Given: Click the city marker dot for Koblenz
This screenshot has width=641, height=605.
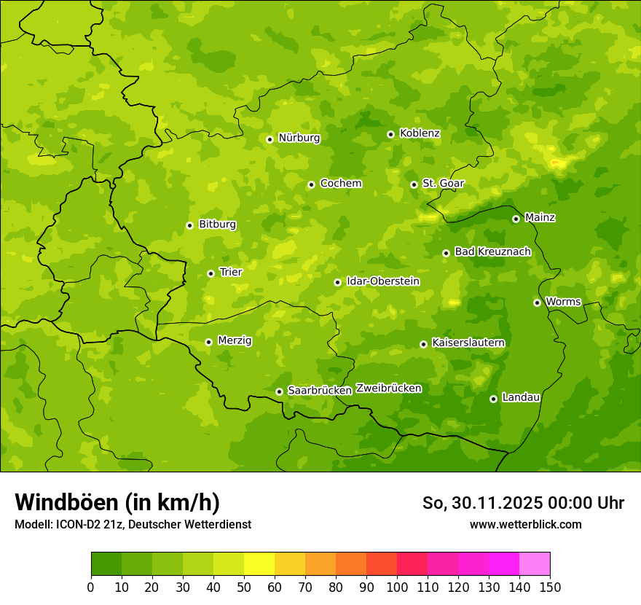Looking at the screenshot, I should pyautogui.click(x=390, y=134).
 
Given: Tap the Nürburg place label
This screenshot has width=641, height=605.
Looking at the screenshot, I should pyautogui.click(x=299, y=138).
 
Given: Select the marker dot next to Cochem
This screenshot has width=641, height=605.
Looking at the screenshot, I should pyautogui.click(x=311, y=184).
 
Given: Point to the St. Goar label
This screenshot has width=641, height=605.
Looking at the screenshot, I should pyautogui.click(x=443, y=184).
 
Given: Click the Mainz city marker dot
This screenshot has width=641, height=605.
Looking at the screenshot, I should pyautogui.click(x=516, y=219).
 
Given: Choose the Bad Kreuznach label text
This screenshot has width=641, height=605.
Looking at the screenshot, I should pyautogui.click(x=492, y=251).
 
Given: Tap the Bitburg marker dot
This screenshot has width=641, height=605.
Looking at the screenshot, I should pyautogui.click(x=189, y=225).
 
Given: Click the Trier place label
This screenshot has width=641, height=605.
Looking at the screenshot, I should pyautogui.click(x=230, y=272).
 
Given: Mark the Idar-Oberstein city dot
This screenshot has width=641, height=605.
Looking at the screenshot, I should pyautogui.click(x=337, y=282).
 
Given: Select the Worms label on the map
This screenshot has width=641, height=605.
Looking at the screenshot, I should pyautogui.click(x=563, y=302).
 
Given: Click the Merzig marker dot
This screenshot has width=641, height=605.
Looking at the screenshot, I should pyautogui.click(x=208, y=342).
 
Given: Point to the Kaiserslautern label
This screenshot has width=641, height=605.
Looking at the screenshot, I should pyautogui.click(x=468, y=343).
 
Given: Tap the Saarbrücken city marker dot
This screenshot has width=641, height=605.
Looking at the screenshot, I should pyautogui.click(x=279, y=391).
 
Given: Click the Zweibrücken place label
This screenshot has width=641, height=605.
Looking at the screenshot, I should pyautogui.click(x=388, y=389).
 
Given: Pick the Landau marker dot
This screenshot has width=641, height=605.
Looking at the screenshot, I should pyautogui.click(x=493, y=399).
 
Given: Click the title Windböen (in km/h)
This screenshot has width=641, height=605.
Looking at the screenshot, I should pyautogui.click(x=117, y=502).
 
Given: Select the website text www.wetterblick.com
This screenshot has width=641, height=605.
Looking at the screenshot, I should pyautogui.click(x=525, y=524).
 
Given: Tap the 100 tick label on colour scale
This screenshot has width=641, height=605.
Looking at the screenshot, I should pyautogui.click(x=397, y=586).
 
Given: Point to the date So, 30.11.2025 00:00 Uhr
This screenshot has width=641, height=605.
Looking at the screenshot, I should pyautogui.click(x=523, y=503).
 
